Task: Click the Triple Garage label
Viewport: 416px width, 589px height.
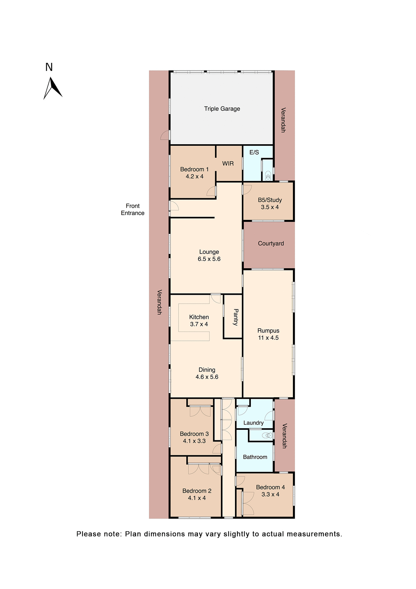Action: coord(222,109)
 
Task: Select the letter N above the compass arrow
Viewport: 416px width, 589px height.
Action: coord(49,67)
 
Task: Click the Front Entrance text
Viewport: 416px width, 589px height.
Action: coord(132,209)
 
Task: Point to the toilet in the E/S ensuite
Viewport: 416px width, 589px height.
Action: coord(268,176)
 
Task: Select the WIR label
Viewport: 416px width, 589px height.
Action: coord(228,164)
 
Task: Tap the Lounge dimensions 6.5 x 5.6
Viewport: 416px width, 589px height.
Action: coord(209,259)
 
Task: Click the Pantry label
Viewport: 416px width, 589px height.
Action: coord(236,317)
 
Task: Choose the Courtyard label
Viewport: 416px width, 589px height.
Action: coord(270,243)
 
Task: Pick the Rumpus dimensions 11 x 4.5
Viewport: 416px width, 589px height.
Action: coord(268,338)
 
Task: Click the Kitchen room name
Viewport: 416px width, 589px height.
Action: coord(199,317)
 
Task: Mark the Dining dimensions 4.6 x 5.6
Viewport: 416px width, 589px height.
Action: coord(207,377)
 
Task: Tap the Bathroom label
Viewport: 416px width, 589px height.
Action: coord(255,457)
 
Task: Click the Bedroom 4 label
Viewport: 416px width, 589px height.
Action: coord(270,487)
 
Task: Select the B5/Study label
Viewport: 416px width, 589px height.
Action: coord(270,200)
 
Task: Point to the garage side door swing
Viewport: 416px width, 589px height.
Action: coord(165,135)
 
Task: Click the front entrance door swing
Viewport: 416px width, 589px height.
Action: coord(174,206)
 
